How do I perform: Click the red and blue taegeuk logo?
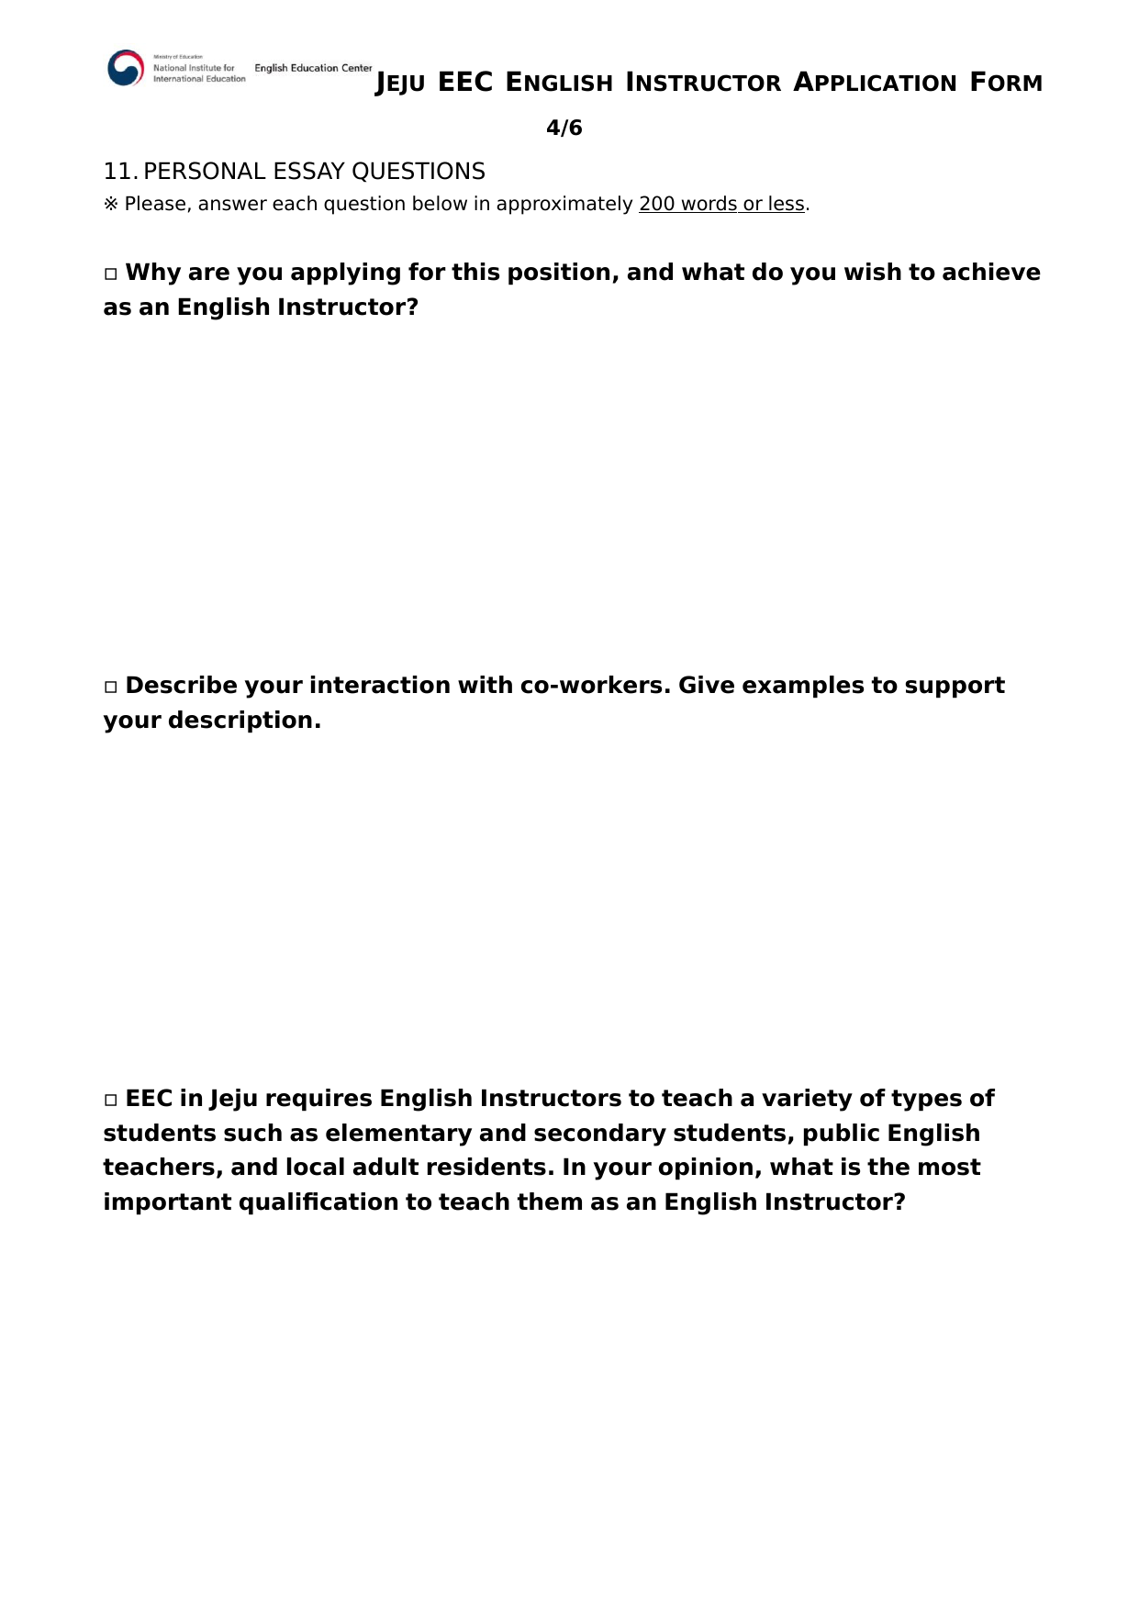(126, 68)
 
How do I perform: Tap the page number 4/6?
(564, 128)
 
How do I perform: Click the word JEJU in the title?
(400, 84)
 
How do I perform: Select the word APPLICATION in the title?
(875, 83)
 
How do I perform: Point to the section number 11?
(120, 172)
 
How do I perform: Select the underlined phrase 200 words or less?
(721, 204)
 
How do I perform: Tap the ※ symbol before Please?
(111, 204)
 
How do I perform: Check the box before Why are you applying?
(111, 274)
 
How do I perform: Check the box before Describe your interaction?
(111, 687)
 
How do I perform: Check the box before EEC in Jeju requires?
(111, 1100)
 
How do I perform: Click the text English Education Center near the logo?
(313, 68)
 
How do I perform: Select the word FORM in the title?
(1006, 83)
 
